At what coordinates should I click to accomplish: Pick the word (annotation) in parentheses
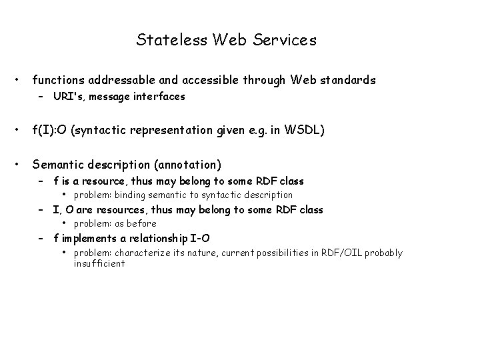coord(189,164)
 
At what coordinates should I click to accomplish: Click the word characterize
coord(145,253)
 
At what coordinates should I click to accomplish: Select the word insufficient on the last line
coord(99,263)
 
